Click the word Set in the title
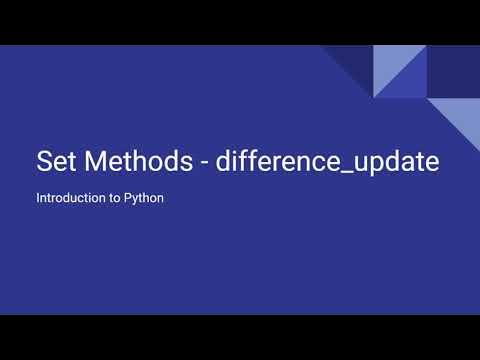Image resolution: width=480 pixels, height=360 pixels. coord(56,161)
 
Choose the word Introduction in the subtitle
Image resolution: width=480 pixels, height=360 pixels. coord(70,198)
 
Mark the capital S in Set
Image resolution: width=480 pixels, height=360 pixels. coord(43,161)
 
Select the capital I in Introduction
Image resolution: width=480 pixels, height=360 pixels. coord(38,198)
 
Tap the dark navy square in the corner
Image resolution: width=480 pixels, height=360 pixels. coord(453,71)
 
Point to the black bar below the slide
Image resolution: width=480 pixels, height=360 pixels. coord(240,337)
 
